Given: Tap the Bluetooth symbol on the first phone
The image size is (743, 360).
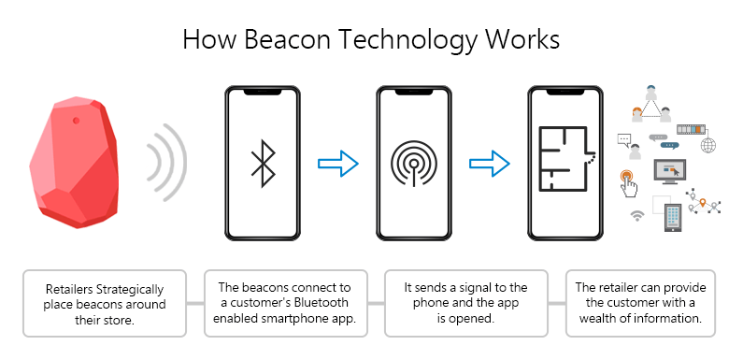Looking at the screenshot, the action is click(x=263, y=165).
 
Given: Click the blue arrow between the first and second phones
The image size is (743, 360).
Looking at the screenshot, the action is click(x=337, y=165).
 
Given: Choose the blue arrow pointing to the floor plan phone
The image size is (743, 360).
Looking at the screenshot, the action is click(x=489, y=165).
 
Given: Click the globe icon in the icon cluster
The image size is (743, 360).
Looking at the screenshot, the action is click(x=707, y=145).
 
